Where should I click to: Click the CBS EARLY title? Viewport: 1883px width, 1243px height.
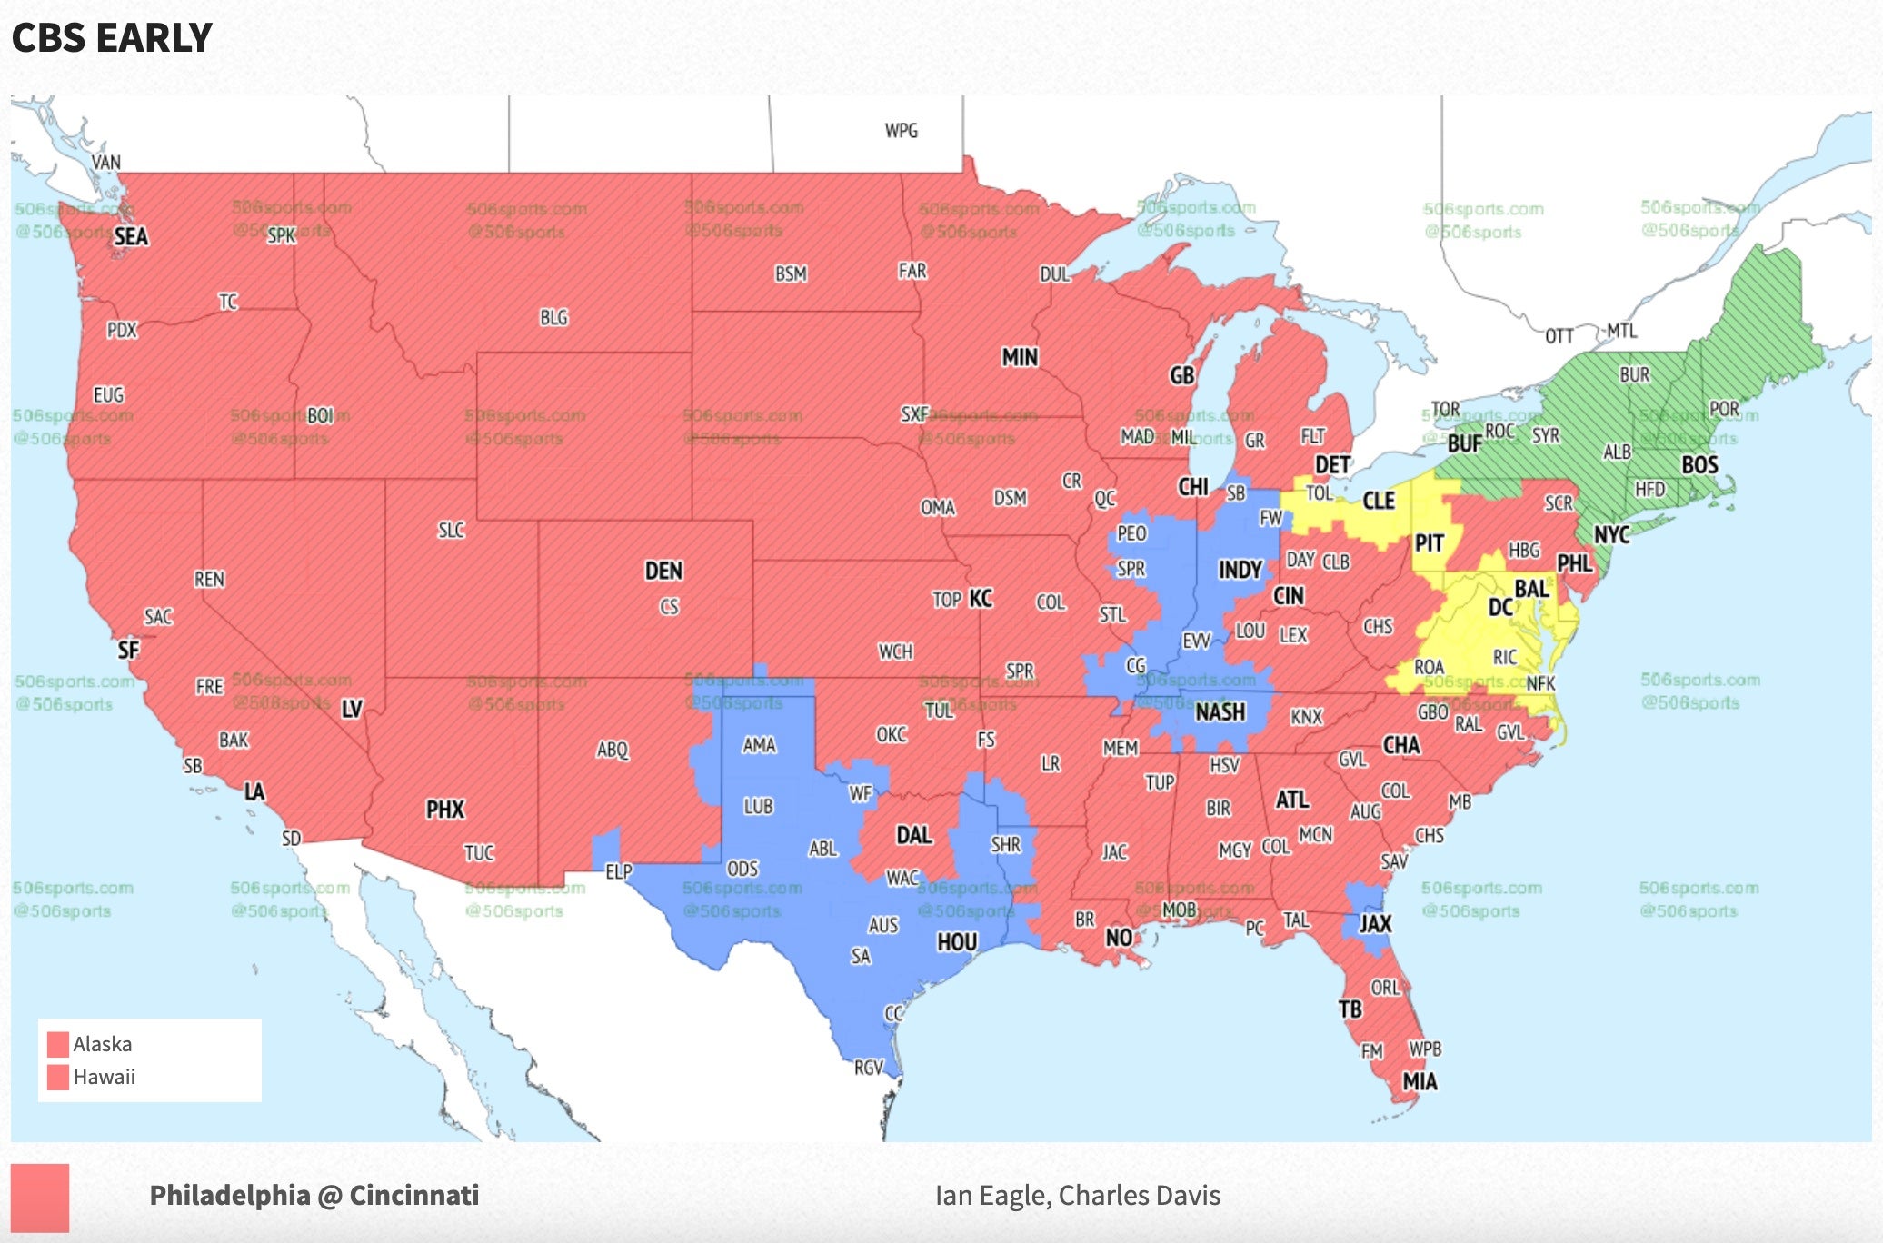click(x=111, y=38)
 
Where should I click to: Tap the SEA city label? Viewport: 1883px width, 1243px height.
click(x=131, y=237)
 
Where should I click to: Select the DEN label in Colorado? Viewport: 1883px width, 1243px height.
click(x=663, y=572)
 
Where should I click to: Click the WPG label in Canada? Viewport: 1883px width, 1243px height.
click(x=901, y=131)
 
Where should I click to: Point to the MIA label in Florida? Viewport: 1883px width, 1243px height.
click(x=1420, y=1082)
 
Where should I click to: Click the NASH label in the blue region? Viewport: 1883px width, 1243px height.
click(x=1220, y=712)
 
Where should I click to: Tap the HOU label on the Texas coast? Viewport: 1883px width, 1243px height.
click(x=957, y=942)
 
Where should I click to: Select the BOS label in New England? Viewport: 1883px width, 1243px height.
click(x=1699, y=466)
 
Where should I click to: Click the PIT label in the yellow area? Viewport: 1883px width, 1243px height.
click(x=1429, y=544)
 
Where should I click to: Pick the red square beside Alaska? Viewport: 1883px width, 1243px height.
click(x=58, y=1044)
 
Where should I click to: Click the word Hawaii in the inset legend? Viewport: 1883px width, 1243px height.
click(x=105, y=1078)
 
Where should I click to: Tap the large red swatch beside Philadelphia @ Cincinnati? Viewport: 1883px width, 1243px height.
click(x=40, y=1198)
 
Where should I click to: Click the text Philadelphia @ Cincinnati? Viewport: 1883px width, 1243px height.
click(x=314, y=1196)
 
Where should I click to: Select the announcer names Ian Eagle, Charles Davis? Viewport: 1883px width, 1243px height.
click(x=1077, y=1196)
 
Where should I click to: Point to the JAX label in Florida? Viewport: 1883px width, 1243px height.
click(x=1375, y=924)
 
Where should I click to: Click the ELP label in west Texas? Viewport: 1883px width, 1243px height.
click(x=618, y=872)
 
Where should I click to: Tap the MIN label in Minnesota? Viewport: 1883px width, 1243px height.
click(x=1020, y=358)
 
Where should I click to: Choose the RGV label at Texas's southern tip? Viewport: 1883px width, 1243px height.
click(x=869, y=1068)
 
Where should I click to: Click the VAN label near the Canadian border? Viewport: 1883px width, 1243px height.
click(x=106, y=163)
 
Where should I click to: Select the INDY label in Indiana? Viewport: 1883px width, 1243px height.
click(x=1240, y=571)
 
